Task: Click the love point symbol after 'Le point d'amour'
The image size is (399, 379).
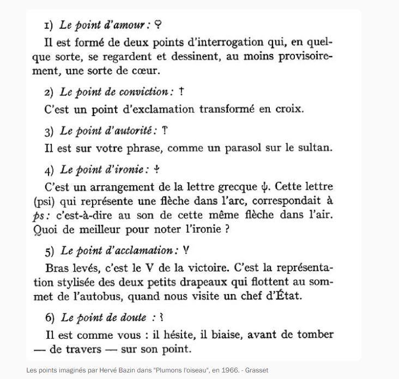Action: pyautogui.click(x=159, y=25)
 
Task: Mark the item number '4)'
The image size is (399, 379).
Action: pyautogui.click(x=50, y=170)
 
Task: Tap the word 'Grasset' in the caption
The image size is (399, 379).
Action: pyautogui.click(x=257, y=370)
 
